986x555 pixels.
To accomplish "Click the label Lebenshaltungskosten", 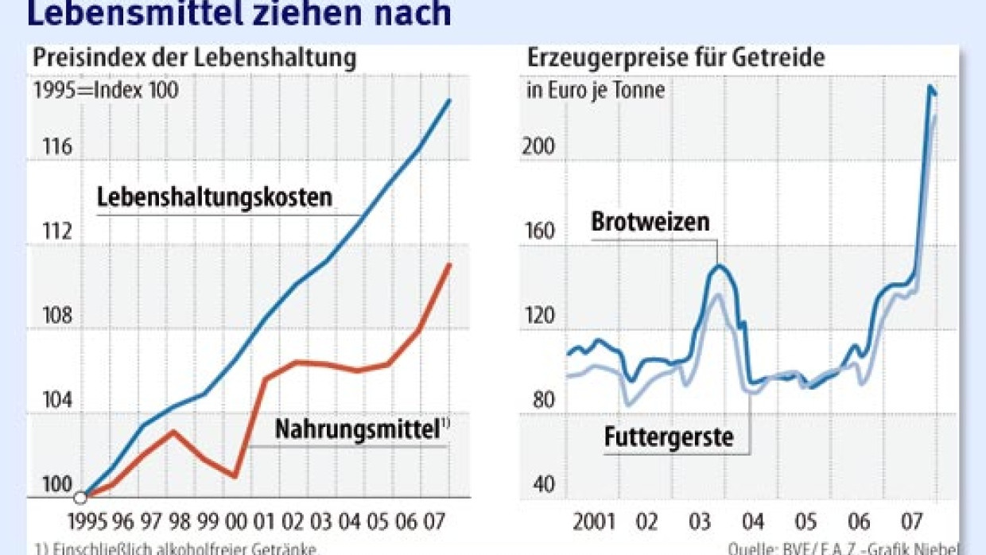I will pos(214,198).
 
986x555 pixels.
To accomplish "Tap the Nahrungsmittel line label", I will pos(357,429).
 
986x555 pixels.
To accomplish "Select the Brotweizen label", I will pos(650,222).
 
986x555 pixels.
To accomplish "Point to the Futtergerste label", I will pos(669,437).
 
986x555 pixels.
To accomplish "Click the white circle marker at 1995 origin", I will pos(80,499).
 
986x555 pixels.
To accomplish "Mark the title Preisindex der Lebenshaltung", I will pos(194,58).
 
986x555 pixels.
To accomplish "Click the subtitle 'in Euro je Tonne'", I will pos(596,90).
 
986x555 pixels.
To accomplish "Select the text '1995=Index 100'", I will pos(106,90).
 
